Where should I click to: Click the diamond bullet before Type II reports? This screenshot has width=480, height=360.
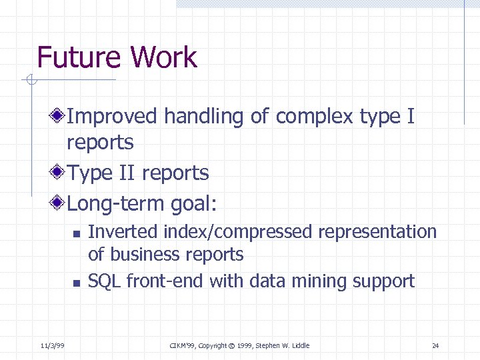[59, 173]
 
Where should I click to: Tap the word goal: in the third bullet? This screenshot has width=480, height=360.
[195, 203]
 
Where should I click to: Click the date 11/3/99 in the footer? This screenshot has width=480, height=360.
[51, 345]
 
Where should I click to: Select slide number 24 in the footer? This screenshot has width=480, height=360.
[435, 345]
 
